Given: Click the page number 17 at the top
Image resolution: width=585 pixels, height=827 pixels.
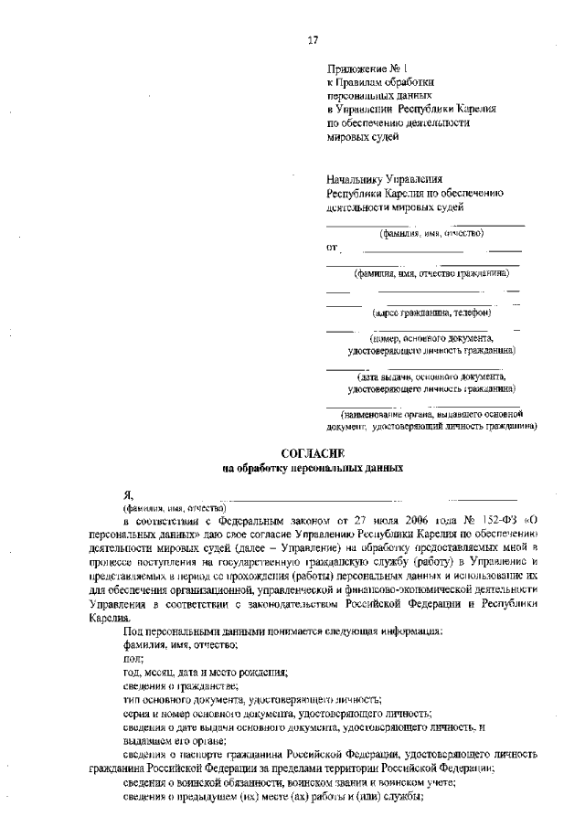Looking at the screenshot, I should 313,40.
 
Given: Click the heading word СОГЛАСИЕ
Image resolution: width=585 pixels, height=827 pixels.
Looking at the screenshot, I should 312,453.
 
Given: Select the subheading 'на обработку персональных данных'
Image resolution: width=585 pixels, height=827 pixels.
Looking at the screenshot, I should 312,468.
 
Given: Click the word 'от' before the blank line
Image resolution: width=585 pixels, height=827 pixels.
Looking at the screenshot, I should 332,247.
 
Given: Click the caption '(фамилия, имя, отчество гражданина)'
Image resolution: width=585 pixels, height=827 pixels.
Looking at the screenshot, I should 430,272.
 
